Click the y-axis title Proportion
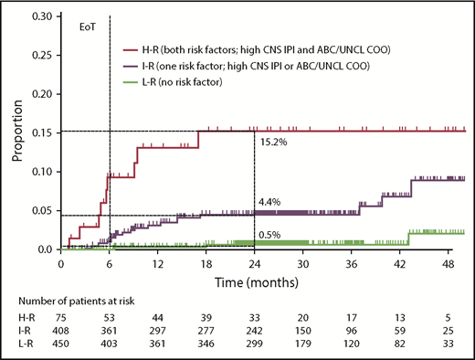16,133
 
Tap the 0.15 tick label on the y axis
40,133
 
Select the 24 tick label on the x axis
254,263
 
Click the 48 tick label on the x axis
448,263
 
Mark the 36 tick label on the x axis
351,263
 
